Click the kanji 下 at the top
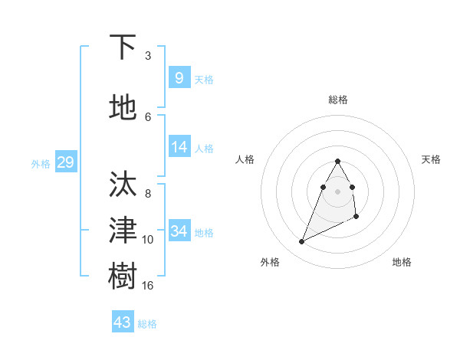[x=123, y=47]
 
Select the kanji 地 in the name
[x=123, y=107]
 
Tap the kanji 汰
[x=123, y=185]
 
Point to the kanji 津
[x=123, y=230]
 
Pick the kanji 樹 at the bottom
[x=123, y=276]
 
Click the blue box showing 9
[x=179, y=78]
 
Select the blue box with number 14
[x=179, y=147]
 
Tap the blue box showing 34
[x=179, y=231]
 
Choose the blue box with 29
[x=65, y=162]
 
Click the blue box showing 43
[x=122, y=322]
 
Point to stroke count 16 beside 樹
[x=148, y=286]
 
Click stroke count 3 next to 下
[x=148, y=56]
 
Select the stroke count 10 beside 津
[x=148, y=240]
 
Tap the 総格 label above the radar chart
[x=337, y=100]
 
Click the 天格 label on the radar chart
[x=431, y=159]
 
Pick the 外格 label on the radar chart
[x=270, y=262]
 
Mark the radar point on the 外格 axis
[x=301, y=242]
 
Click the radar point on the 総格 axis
[x=337, y=161]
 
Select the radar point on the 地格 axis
[x=357, y=218]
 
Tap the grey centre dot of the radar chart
[x=337, y=191]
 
